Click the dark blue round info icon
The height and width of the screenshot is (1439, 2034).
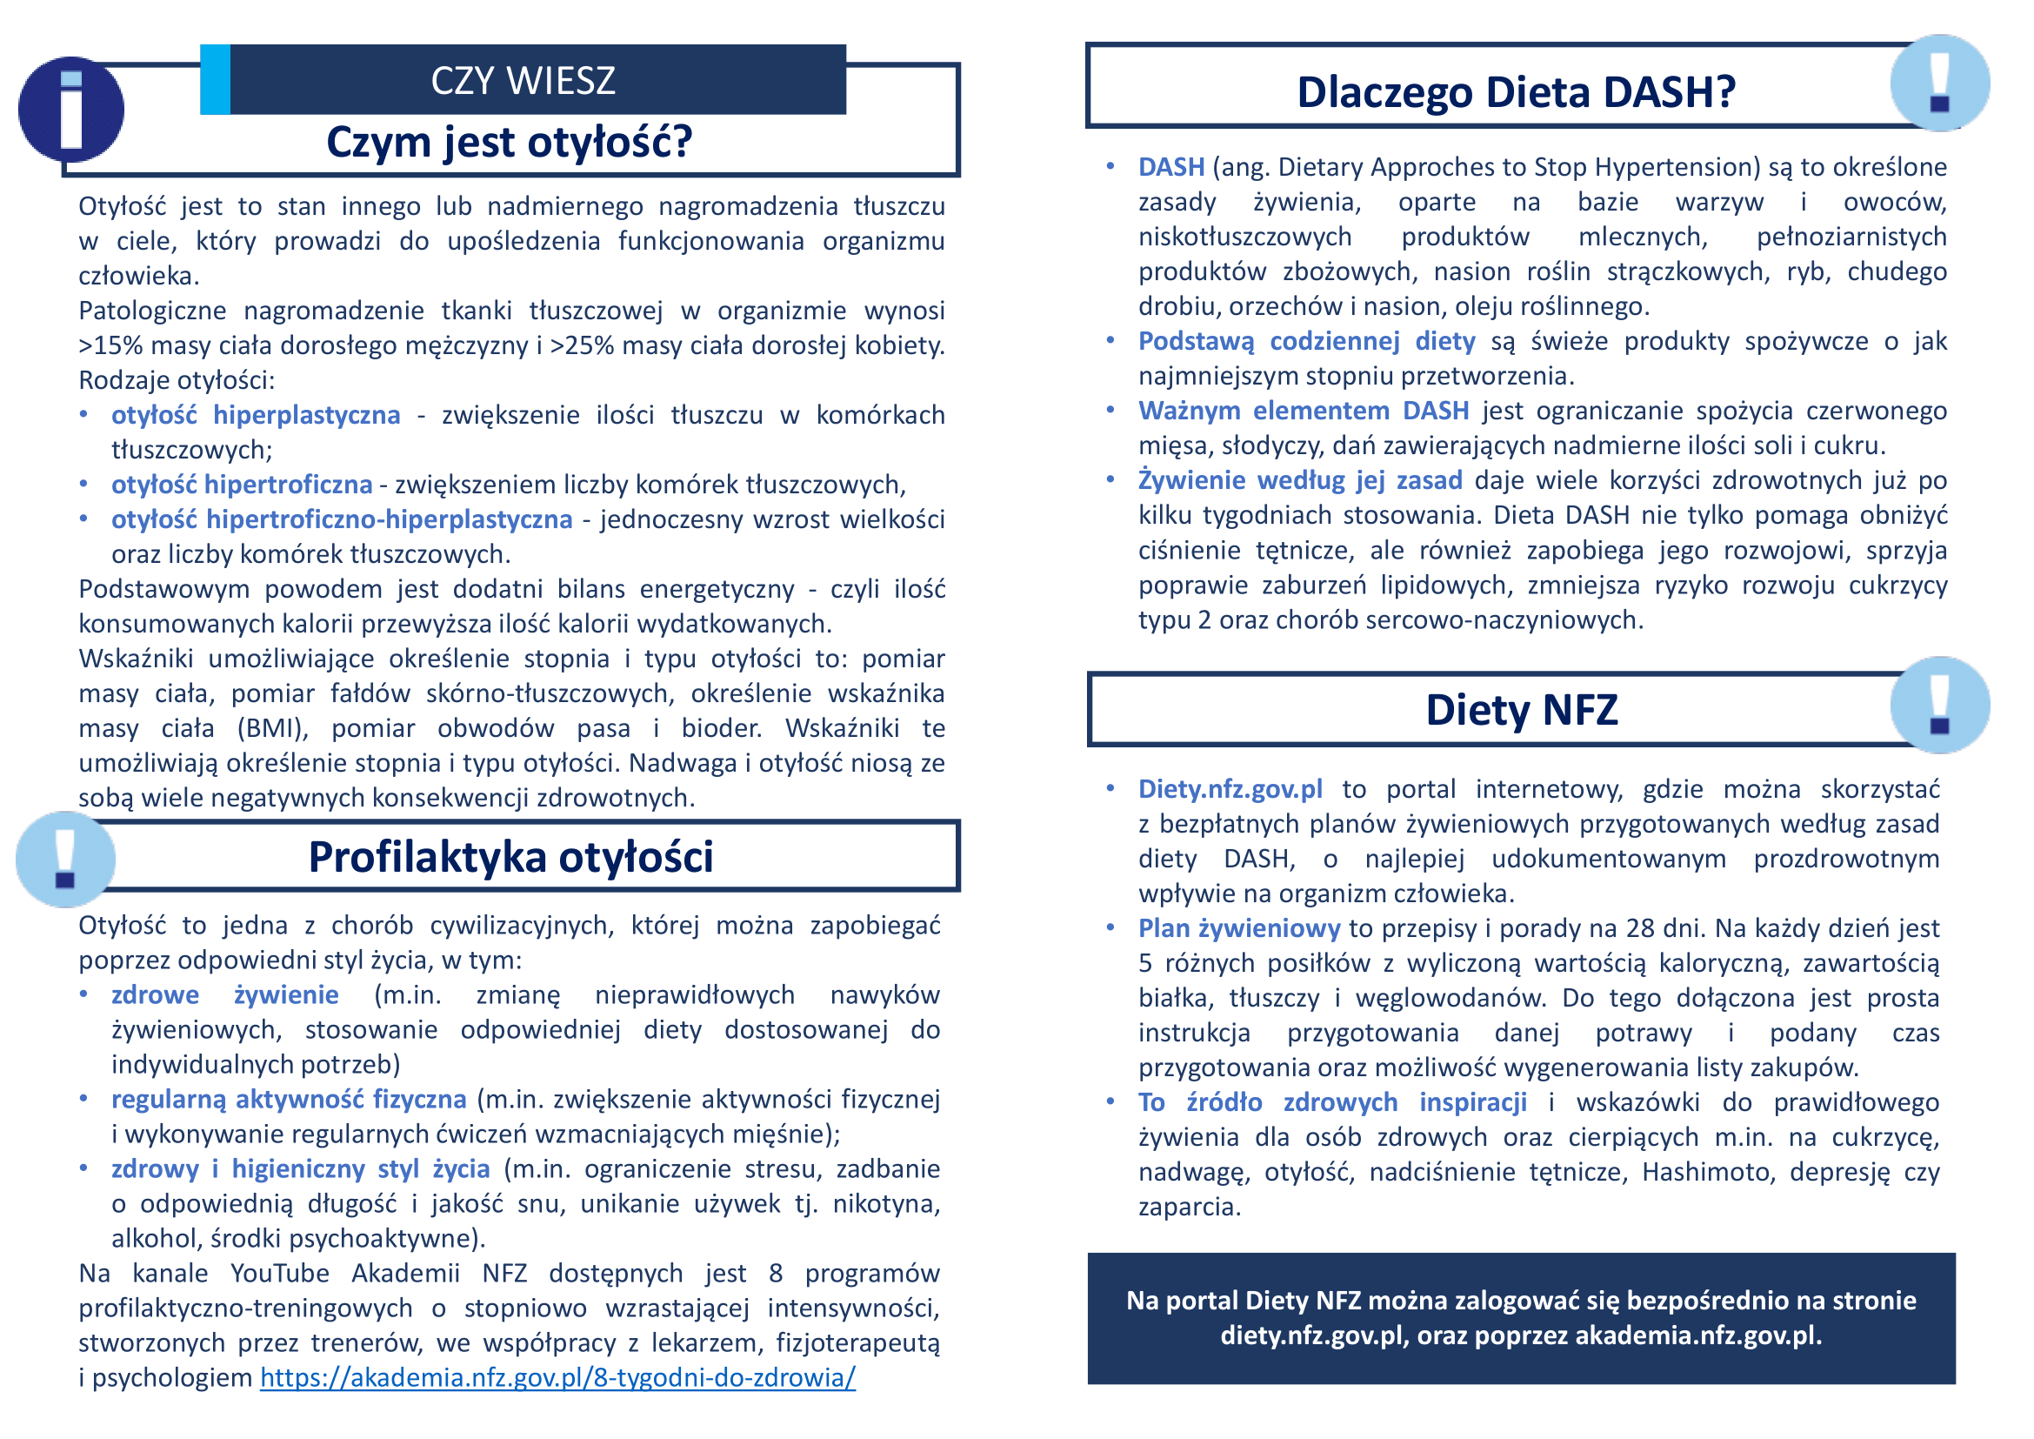70,110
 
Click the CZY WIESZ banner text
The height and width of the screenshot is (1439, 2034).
523,81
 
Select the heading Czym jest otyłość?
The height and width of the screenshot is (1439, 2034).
510,142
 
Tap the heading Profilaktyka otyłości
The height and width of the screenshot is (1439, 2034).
510,857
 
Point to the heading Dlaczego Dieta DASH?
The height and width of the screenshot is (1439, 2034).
1516,92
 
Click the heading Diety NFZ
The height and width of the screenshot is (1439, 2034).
1521,710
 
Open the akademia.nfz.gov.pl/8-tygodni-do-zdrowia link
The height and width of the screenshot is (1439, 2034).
557,1377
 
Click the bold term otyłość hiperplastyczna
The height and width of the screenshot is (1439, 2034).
255,415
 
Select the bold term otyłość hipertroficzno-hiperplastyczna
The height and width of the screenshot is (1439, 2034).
342,519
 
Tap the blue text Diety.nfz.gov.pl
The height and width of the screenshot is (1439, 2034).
1230,788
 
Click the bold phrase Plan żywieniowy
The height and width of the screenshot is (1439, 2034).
1238,927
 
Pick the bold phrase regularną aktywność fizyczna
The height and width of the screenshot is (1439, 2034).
289,1099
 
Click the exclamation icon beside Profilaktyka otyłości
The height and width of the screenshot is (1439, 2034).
65,859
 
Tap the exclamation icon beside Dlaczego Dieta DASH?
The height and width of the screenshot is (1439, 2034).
1939,84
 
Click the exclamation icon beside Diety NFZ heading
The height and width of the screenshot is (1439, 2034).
1939,706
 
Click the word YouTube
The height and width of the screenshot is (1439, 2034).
279,1274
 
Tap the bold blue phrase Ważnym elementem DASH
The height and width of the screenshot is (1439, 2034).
1304,411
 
